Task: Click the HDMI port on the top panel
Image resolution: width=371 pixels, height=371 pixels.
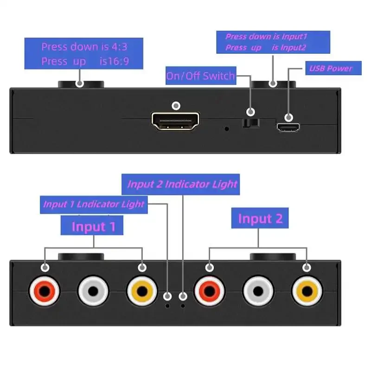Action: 175,122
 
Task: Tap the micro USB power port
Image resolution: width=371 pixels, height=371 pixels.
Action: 288,127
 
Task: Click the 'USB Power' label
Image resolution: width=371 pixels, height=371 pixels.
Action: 331,69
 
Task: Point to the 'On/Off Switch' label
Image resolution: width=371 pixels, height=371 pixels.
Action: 201,76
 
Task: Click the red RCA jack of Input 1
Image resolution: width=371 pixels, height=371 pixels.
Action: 45,291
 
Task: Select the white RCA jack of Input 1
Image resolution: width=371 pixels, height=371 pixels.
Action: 93,291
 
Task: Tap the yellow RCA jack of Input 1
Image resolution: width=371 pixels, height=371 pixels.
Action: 142,291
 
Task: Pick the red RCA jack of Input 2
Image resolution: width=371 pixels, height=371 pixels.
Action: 210,291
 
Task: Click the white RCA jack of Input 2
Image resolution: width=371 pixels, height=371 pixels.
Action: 258,291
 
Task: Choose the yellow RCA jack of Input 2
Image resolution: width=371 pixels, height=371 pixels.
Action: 307,291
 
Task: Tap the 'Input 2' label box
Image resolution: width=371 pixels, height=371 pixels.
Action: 260,218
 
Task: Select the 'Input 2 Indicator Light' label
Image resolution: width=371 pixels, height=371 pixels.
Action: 182,185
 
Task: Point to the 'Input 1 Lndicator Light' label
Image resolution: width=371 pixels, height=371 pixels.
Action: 94,205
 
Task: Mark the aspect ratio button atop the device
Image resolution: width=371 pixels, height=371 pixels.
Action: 81,85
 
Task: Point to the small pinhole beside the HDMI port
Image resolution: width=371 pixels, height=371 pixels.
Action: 226,128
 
